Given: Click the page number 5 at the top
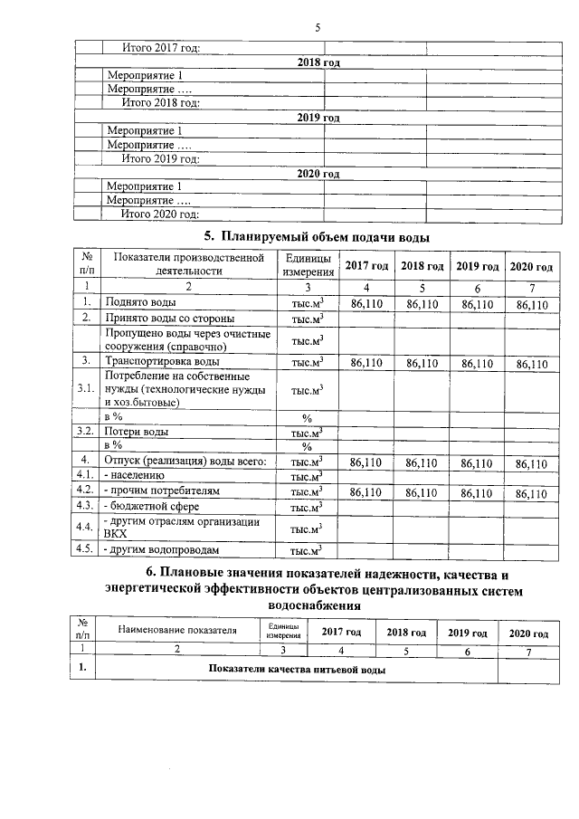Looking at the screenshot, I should point(318,27).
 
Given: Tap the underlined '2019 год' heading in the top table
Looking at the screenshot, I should point(318,118).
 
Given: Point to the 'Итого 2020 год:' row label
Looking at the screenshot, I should point(160,214).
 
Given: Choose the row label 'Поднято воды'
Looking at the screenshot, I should point(141,303).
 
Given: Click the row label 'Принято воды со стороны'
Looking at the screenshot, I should point(170,319).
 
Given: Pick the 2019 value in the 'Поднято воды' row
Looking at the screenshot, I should point(477,304).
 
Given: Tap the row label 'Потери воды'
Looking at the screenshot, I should point(137,432).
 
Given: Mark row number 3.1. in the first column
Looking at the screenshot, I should point(87,390).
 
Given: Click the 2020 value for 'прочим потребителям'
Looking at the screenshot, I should point(531,493).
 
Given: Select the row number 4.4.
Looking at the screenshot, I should point(87,527).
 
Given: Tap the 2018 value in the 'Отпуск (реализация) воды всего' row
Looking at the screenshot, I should point(421,462).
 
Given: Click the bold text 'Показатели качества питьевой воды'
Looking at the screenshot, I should point(296,670).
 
